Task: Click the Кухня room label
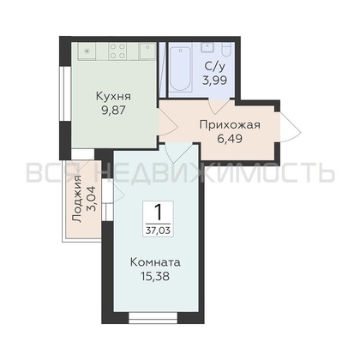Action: point(113,96)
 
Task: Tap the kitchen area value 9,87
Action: point(114,111)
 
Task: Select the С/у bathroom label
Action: point(215,66)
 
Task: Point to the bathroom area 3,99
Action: point(215,81)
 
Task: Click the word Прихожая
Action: point(230,125)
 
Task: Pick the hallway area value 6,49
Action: point(230,139)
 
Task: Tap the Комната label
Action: point(155,262)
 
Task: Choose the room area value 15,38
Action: point(155,276)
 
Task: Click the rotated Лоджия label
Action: point(77,199)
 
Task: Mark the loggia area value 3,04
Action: point(92,199)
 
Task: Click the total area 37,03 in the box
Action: point(158,231)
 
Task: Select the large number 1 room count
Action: point(158,213)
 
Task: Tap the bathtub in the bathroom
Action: point(180,69)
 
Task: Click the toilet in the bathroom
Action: point(227,50)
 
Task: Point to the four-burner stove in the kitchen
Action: point(117,51)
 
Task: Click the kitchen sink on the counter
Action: point(147,51)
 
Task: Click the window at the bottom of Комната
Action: point(153,318)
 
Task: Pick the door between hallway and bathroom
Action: point(219,106)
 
